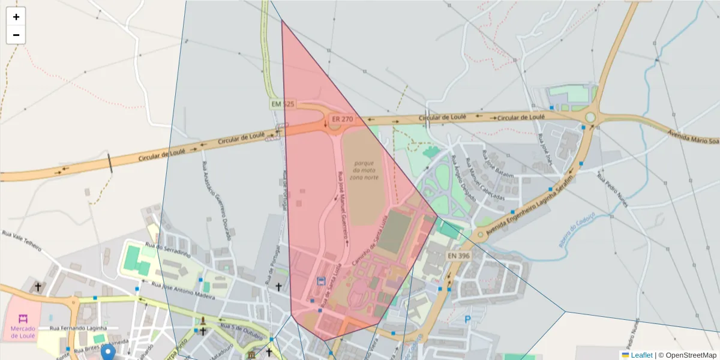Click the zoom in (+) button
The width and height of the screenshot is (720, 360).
tap(16, 17)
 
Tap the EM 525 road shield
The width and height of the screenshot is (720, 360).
tap(283, 104)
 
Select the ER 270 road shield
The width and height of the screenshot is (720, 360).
tap(342, 119)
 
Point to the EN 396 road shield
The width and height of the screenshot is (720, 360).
tap(458, 256)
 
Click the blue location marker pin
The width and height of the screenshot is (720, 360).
tap(108, 352)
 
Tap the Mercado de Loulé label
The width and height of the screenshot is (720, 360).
tap(23, 332)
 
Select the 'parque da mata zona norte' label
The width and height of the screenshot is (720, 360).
tap(364, 170)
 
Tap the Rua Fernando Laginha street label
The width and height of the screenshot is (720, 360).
tap(78, 328)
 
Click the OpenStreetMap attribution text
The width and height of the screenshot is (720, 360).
tap(687, 355)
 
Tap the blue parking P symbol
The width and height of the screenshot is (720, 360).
tap(468, 319)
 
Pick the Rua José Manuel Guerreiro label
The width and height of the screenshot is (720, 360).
tap(344, 208)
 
